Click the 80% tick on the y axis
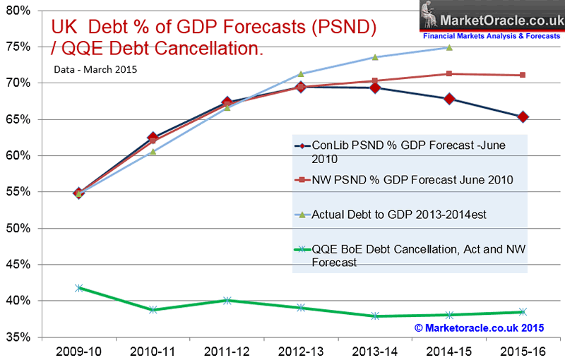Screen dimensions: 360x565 click(17, 10)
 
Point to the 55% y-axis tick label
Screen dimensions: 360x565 click(17, 192)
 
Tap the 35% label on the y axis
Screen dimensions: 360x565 click(17, 337)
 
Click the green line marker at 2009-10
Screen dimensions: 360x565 click(79, 288)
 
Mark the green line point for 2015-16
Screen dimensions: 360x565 click(523, 311)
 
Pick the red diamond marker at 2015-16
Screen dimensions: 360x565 click(523, 117)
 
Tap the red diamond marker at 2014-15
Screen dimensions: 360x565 click(449, 99)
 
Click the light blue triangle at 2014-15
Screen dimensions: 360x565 click(449, 47)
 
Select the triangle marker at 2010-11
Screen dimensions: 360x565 click(153, 151)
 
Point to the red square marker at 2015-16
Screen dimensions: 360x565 click(523, 75)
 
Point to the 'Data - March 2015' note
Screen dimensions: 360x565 click(93, 69)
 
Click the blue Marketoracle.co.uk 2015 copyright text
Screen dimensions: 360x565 click(480, 328)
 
